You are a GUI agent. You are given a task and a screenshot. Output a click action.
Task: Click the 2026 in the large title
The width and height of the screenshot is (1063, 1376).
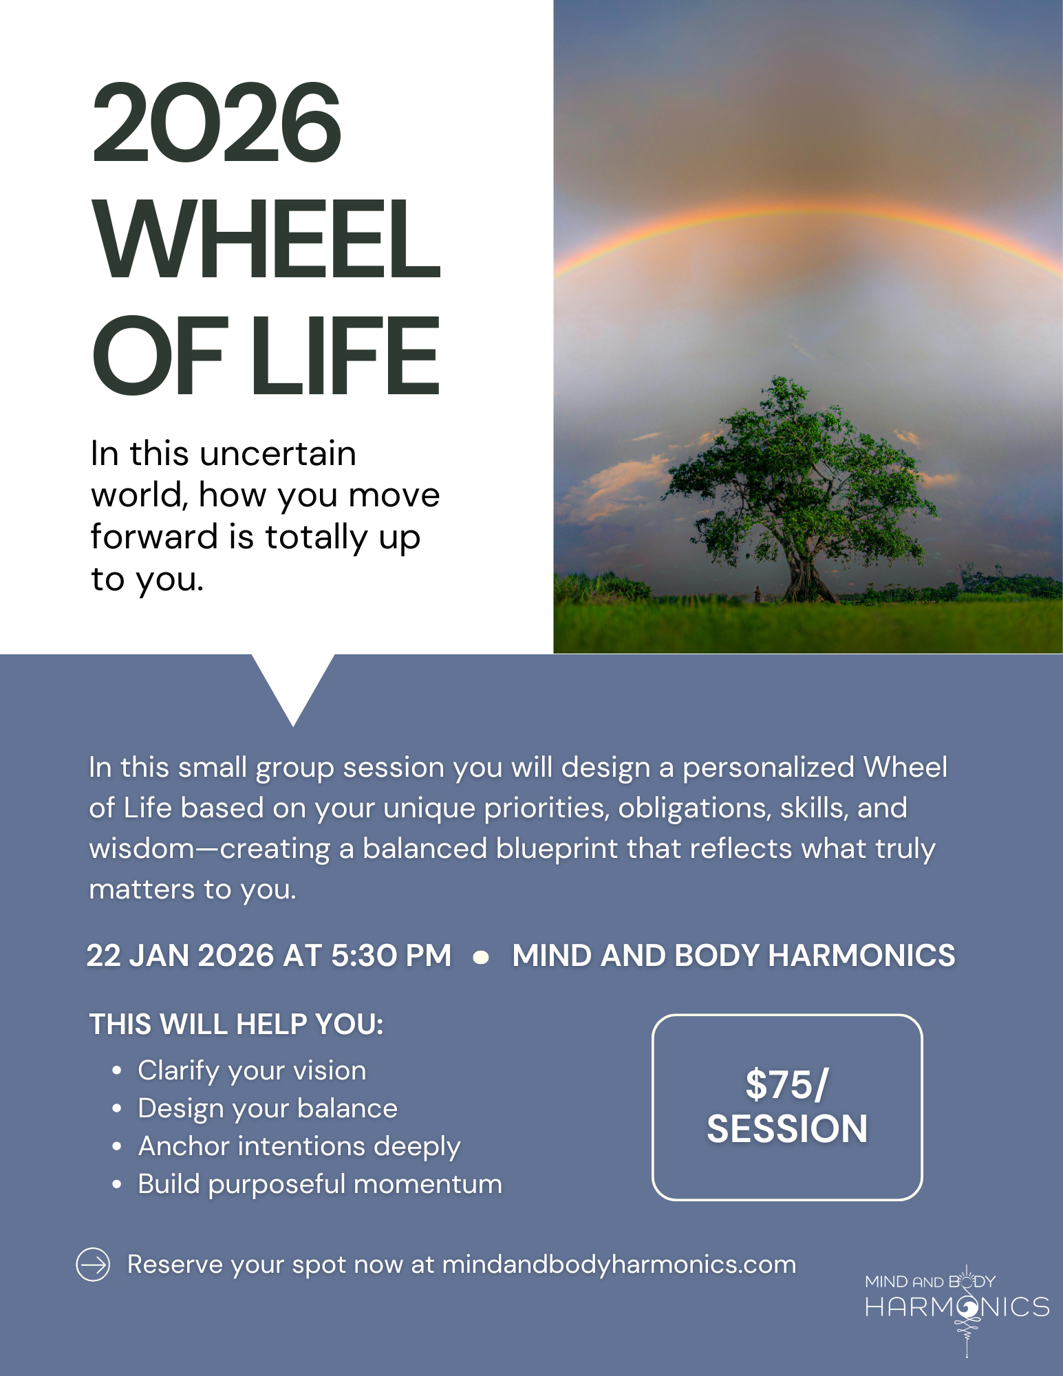[217, 122]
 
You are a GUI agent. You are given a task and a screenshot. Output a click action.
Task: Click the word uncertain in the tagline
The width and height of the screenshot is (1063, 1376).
[278, 453]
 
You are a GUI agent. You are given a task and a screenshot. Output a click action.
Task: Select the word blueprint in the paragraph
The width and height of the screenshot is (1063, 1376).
[557, 849]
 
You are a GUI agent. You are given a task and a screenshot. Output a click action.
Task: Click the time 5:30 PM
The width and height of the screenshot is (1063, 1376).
[391, 955]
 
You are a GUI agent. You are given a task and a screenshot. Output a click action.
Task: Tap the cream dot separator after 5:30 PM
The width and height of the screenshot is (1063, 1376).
[482, 957]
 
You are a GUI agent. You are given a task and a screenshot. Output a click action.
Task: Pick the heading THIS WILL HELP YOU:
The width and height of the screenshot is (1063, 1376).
[236, 1024]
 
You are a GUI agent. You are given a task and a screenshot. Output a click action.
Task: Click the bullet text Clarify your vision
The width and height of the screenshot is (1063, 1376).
[252, 1071]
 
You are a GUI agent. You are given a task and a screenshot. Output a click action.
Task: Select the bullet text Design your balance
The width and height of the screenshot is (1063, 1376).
[268, 1108]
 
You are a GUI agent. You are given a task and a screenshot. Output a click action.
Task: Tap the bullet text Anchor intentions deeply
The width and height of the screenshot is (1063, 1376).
[299, 1146]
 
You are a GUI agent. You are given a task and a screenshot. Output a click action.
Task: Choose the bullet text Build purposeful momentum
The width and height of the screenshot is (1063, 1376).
[320, 1184]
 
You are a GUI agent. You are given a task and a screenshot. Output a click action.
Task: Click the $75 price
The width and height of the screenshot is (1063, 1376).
[786, 1085]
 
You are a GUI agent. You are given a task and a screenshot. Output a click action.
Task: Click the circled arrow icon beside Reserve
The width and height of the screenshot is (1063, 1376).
[93, 1265]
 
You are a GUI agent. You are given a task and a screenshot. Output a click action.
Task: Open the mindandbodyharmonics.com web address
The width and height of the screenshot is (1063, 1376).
[619, 1265]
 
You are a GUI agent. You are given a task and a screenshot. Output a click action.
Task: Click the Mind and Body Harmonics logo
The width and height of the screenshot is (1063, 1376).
[957, 1305]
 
